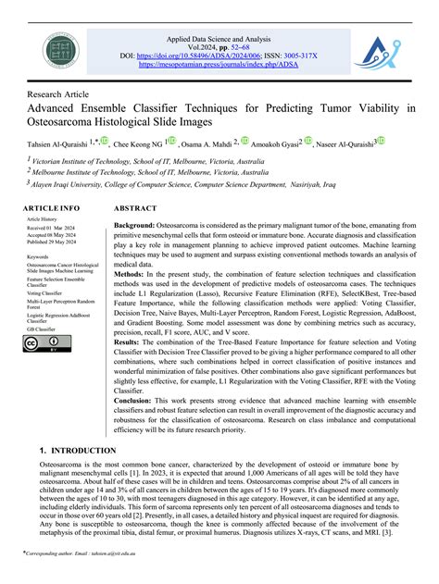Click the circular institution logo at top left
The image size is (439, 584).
(58, 50)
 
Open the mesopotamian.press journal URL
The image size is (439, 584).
(218, 66)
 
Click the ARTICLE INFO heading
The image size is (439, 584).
(51, 208)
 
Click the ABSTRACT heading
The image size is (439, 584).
(134, 208)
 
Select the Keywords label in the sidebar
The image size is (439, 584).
(38, 255)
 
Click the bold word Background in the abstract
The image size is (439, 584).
(134, 226)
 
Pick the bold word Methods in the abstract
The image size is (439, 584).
(130, 274)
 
